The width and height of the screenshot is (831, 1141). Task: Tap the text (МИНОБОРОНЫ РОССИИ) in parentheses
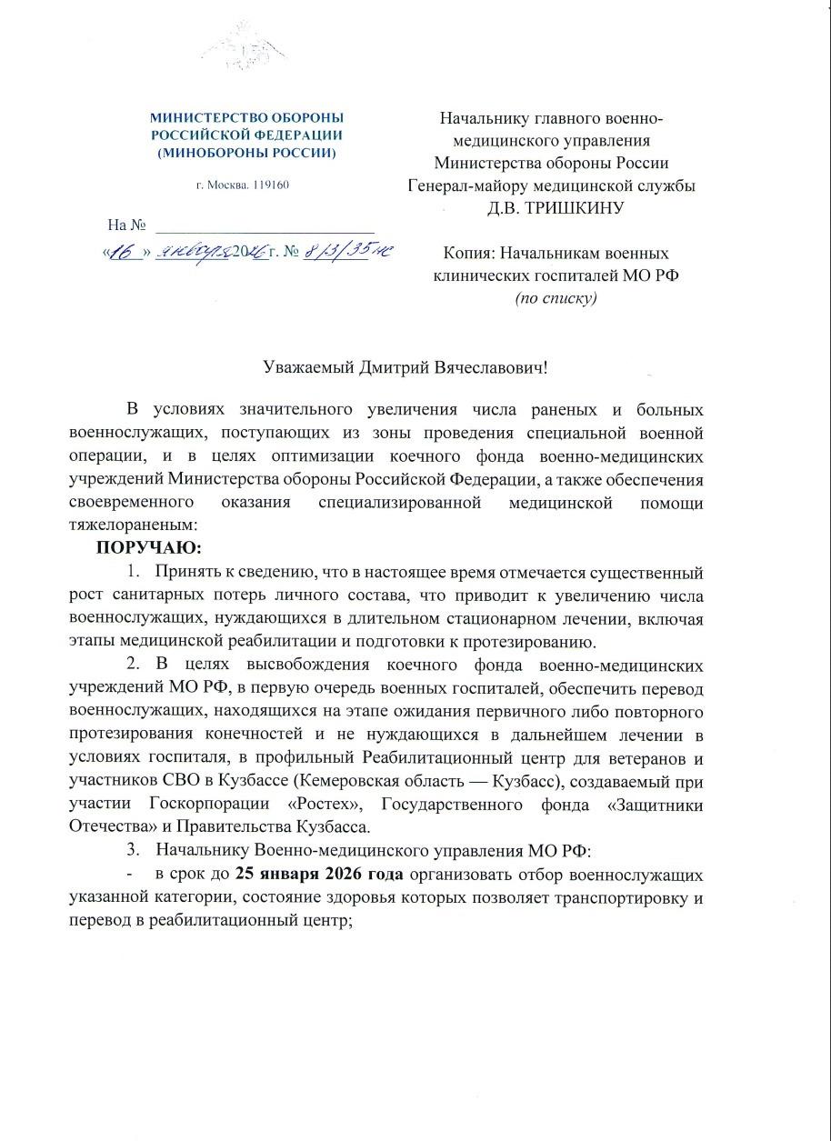(246, 153)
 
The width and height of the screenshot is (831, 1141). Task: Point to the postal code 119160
(268, 185)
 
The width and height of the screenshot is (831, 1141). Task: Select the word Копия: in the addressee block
(470, 253)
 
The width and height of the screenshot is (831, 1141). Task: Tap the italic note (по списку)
(556, 297)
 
